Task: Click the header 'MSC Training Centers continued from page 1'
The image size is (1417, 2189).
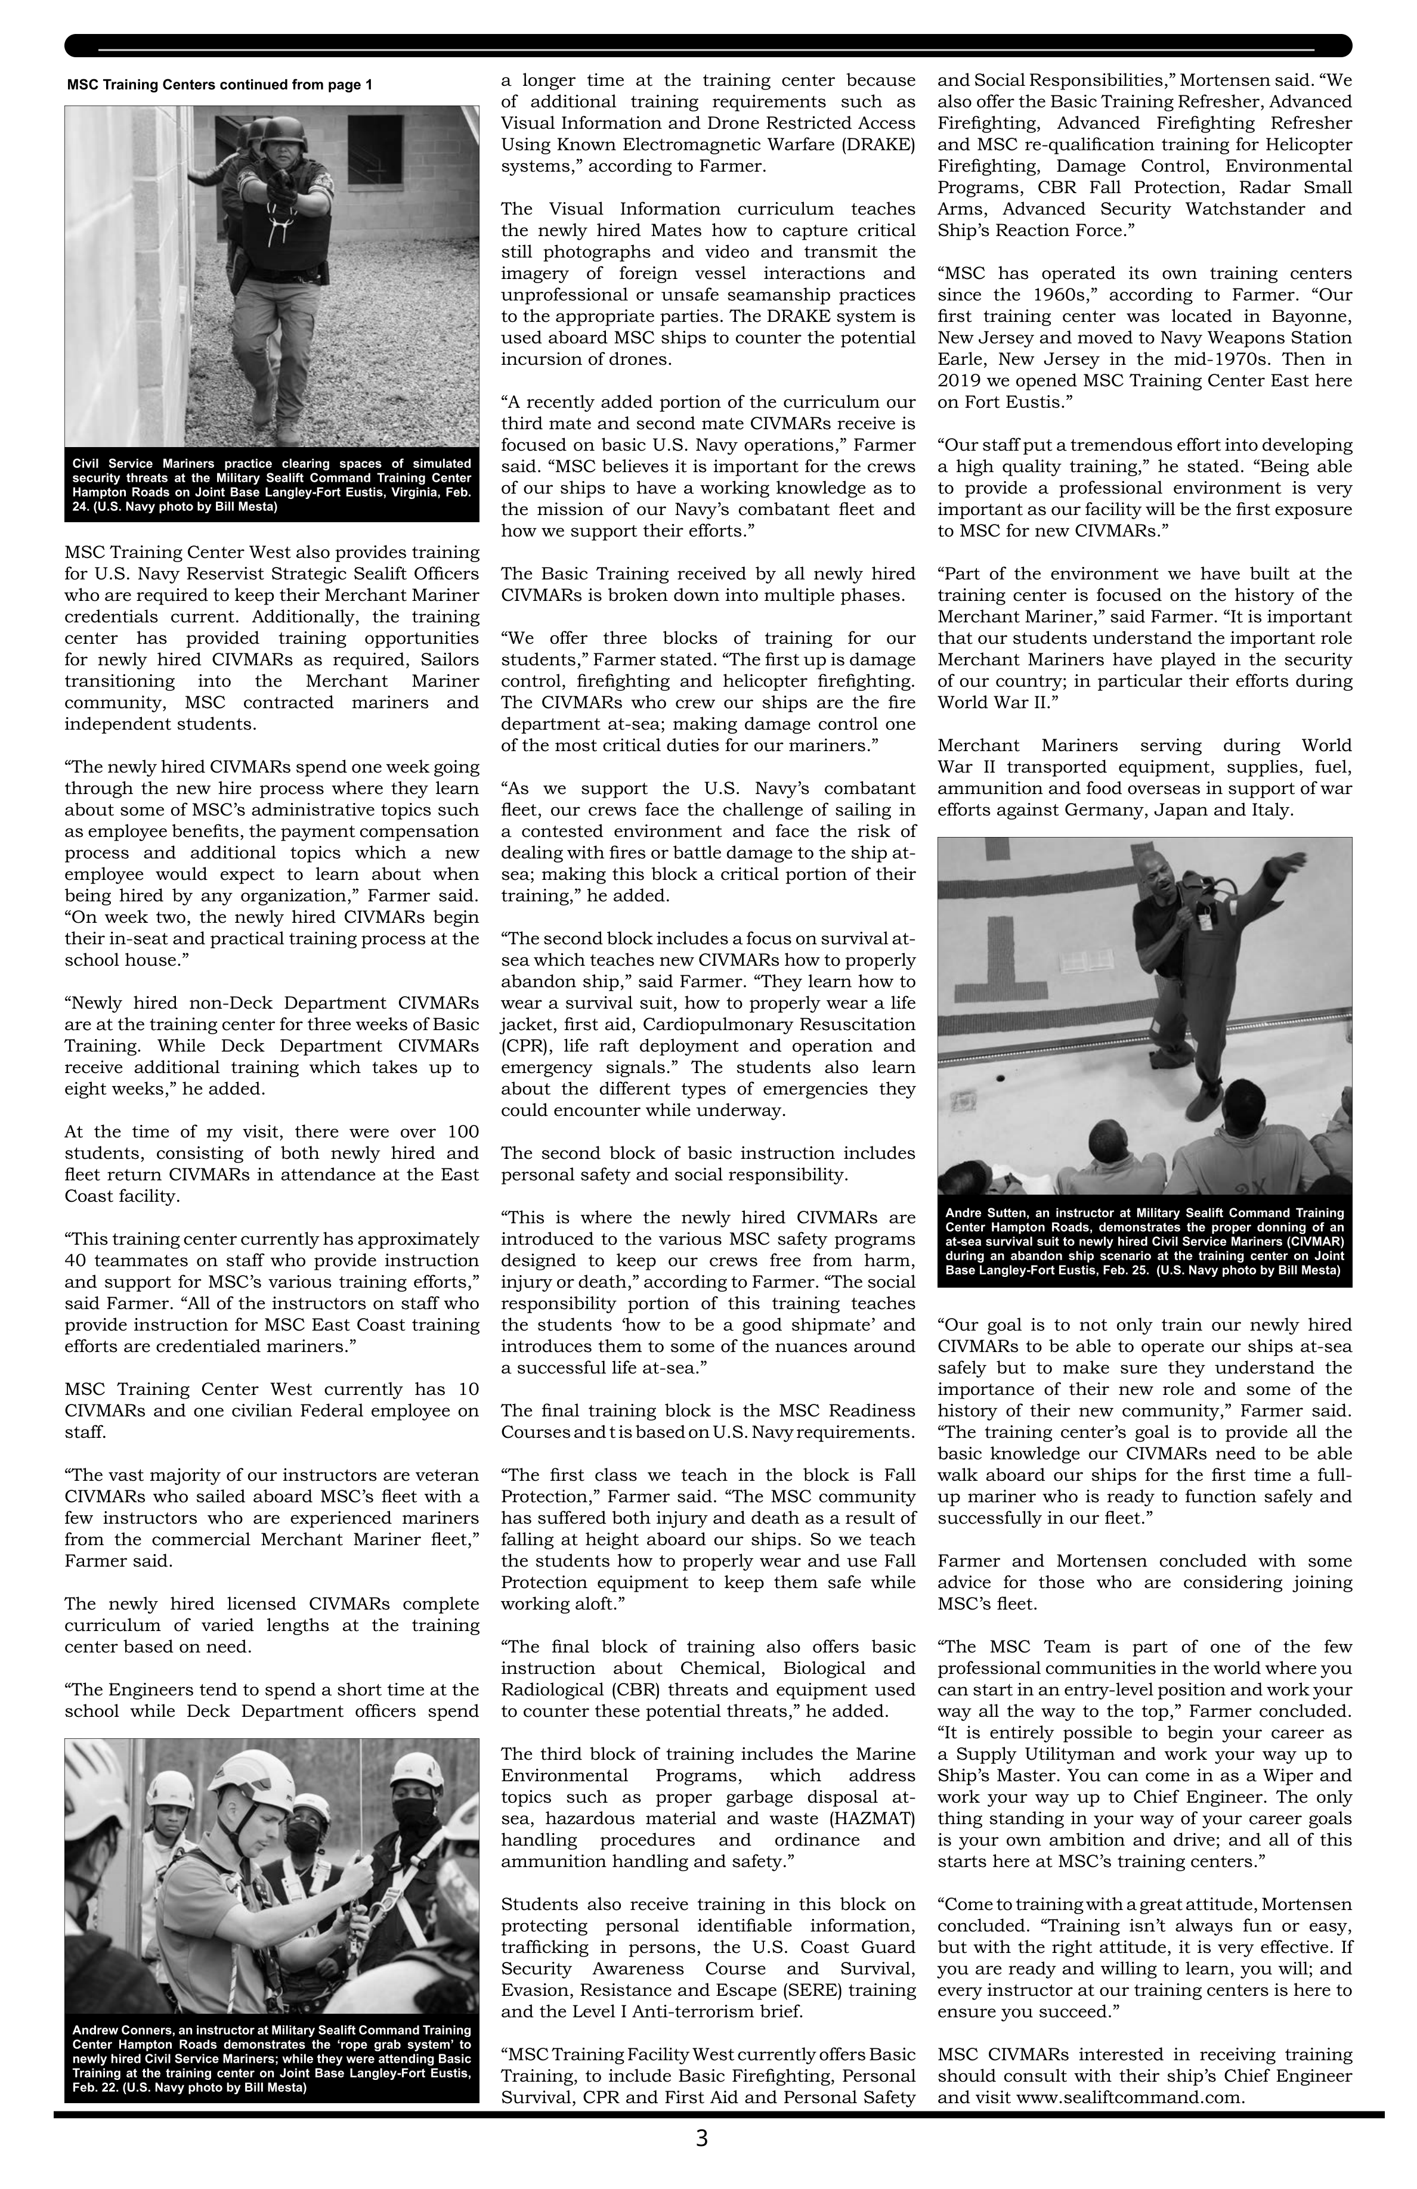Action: tap(220, 85)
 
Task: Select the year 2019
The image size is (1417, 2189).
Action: tap(960, 380)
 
